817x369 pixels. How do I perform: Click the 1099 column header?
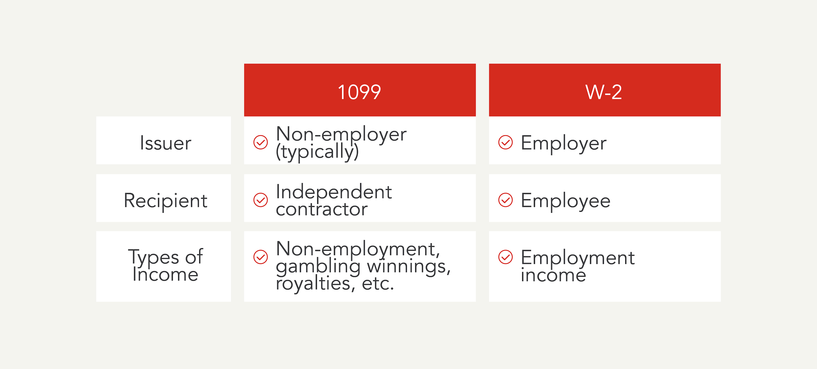tap(359, 92)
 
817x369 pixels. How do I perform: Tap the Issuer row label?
tap(165, 143)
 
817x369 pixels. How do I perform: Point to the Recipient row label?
tap(165, 201)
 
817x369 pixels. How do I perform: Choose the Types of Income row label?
tap(165, 266)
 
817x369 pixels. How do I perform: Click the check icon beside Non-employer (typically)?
tap(261, 143)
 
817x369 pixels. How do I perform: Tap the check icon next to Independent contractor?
tap(261, 200)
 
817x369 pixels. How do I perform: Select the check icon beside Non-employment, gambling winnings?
tap(261, 257)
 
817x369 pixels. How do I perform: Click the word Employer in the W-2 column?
tap(563, 143)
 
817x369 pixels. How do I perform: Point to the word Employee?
tap(565, 201)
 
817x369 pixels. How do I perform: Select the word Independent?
tap(334, 192)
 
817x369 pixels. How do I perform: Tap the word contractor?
tap(322, 209)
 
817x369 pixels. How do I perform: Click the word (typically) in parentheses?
tap(317, 152)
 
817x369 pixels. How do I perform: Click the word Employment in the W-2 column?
tap(577, 258)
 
